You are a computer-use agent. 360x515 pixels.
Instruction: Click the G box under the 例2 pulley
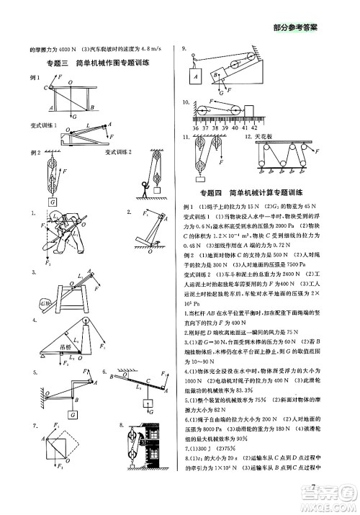pyautogui.click(x=52, y=202)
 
